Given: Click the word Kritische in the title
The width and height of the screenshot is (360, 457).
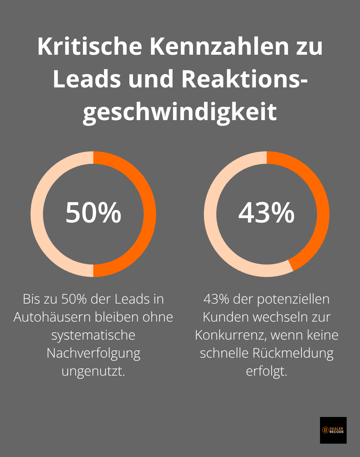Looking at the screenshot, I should point(90,46).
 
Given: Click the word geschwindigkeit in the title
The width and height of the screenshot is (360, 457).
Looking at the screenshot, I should point(180,112).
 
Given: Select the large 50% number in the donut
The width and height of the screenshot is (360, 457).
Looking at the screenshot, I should point(93,212).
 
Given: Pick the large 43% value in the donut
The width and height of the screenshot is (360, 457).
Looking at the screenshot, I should point(266,212).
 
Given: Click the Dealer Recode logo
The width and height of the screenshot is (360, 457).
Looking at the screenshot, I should point(333,430).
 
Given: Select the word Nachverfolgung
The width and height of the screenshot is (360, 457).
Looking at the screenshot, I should point(93,353).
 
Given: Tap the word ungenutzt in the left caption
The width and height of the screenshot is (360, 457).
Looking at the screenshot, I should point(93,371).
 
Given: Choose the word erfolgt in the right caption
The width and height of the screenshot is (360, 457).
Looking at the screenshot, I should point(266,371).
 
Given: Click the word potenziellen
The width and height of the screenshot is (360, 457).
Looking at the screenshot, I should point(293,299).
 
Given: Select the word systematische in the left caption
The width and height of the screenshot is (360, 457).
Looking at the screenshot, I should point(93,335).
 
